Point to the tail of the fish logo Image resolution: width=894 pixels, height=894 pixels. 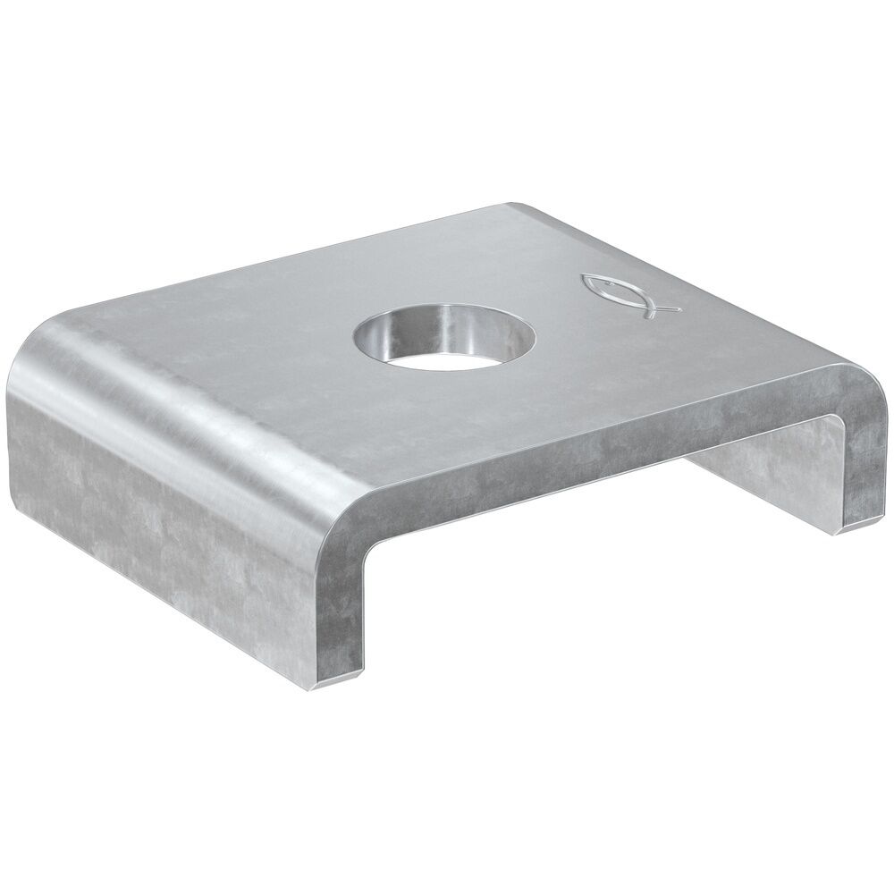click(665, 309)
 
